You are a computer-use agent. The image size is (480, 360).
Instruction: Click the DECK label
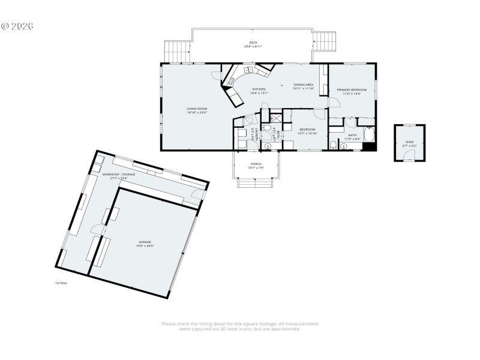253,43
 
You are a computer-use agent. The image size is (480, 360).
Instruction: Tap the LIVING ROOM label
196,109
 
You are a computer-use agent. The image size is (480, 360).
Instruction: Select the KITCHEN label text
259,89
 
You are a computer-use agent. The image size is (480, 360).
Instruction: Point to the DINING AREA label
303,85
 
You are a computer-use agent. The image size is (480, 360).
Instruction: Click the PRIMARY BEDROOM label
351,89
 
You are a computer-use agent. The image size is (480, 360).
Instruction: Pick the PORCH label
256,164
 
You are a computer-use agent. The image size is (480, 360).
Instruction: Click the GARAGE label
145,242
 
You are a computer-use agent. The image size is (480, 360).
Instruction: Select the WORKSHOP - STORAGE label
119,174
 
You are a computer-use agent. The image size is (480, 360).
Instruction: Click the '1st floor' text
60,283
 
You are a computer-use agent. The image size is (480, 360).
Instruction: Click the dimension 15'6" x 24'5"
145,246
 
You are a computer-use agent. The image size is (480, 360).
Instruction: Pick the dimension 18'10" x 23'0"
196,113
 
